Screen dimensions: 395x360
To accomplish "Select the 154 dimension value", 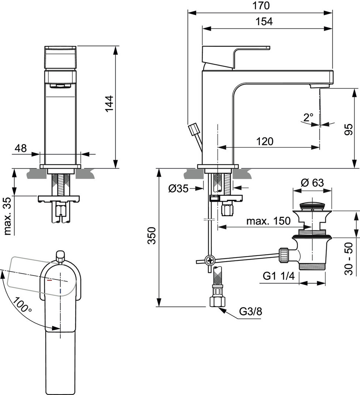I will click(264, 22).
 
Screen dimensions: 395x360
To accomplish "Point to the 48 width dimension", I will click(21, 148).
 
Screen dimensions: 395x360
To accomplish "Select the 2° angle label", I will click(308, 117).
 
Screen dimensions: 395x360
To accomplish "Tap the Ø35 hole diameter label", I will click(178, 188).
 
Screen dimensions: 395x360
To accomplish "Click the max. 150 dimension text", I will click(268, 221).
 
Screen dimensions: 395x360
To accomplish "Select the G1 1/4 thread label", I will click(279, 276).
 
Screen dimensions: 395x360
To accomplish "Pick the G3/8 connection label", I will click(250, 312).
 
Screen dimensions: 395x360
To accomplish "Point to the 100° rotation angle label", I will click(22, 305).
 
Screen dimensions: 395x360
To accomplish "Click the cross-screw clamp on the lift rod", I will click(210, 260).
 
